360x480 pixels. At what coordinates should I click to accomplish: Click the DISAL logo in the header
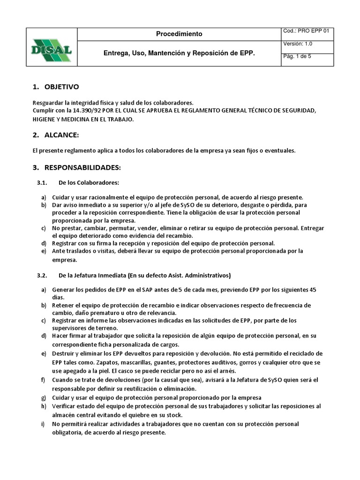(51, 46)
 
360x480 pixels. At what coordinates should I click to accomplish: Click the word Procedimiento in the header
(179, 34)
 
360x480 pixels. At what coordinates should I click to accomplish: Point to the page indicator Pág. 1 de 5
(297, 56)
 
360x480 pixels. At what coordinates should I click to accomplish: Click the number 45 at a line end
(312, 290)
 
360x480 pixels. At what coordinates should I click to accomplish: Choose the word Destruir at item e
(64, 353)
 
